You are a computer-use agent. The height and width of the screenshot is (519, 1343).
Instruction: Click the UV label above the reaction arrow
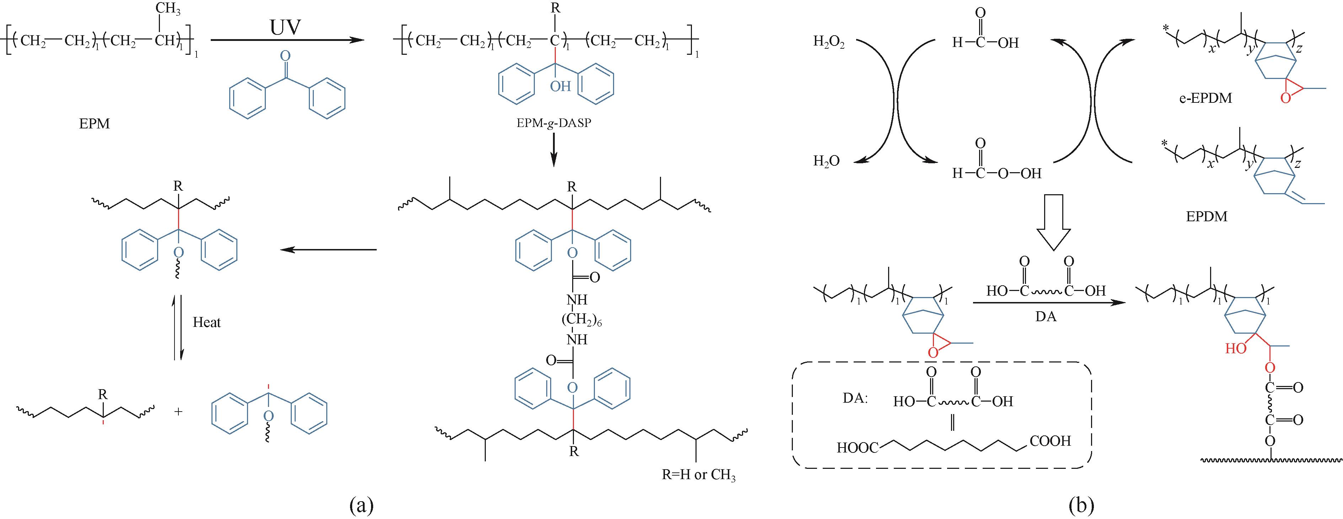point(286,27)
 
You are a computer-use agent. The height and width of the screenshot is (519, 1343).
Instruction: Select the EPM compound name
point(95,125)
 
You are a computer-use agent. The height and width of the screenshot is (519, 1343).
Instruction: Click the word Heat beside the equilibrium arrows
point(206,322)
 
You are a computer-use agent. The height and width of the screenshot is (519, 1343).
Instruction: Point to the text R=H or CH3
point(699,476)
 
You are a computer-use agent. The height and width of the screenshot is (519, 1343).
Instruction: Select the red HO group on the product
point(1236,349)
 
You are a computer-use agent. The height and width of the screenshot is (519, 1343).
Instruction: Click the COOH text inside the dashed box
point(1050,441)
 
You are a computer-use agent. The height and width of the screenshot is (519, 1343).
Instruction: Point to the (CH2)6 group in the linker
point(582,320)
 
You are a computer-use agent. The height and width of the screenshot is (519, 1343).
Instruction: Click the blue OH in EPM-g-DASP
point(560,86)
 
